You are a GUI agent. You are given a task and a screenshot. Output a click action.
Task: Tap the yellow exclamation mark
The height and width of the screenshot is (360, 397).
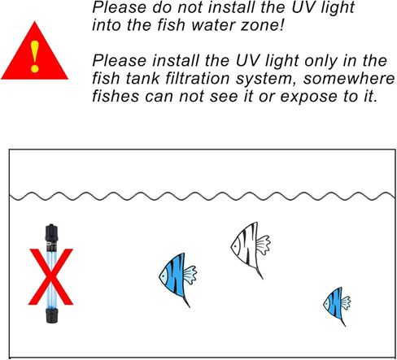point(34,57)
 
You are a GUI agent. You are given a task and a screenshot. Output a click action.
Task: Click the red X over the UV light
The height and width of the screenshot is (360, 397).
point(50,275)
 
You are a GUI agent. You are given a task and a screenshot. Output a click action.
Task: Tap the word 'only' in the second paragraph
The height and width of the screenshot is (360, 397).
point(264,61)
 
